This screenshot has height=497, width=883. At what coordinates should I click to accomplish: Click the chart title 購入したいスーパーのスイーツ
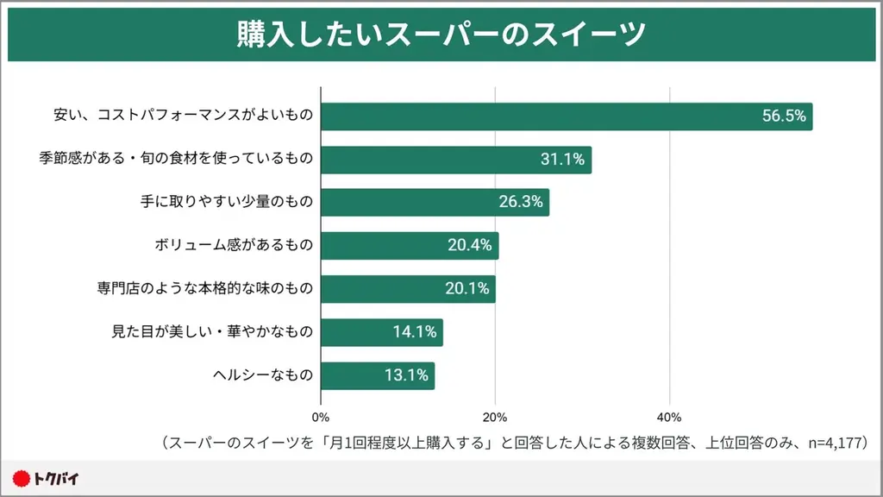[441, 35]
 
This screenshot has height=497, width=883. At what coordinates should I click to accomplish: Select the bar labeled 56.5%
[567, 116]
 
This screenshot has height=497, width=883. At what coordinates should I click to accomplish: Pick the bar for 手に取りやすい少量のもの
[435, 203]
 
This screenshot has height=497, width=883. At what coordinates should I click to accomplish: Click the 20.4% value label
[470, 246]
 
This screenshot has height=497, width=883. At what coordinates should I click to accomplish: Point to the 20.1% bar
[408, 289]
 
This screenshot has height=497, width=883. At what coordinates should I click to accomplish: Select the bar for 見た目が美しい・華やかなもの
[381, 332]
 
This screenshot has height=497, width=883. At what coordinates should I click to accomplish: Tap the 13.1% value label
[407, 375]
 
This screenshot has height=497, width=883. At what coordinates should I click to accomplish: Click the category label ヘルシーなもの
[262, 375]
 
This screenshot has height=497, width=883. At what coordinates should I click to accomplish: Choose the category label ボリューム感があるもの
[233, 246]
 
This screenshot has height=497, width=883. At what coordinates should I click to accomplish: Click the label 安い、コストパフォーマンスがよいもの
[182, 116]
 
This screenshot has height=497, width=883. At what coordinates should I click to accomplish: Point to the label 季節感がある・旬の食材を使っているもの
[175, 160]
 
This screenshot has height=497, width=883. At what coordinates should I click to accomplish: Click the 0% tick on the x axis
[321, 418]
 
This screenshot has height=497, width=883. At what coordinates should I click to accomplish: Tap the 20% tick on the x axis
[495, 418]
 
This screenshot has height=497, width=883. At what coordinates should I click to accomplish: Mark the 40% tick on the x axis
[669, 418]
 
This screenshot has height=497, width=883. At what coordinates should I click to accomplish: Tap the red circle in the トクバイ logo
[22, 477]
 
